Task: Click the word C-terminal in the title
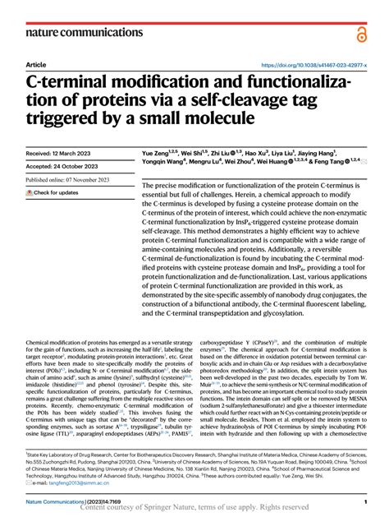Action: tap(66, 85)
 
